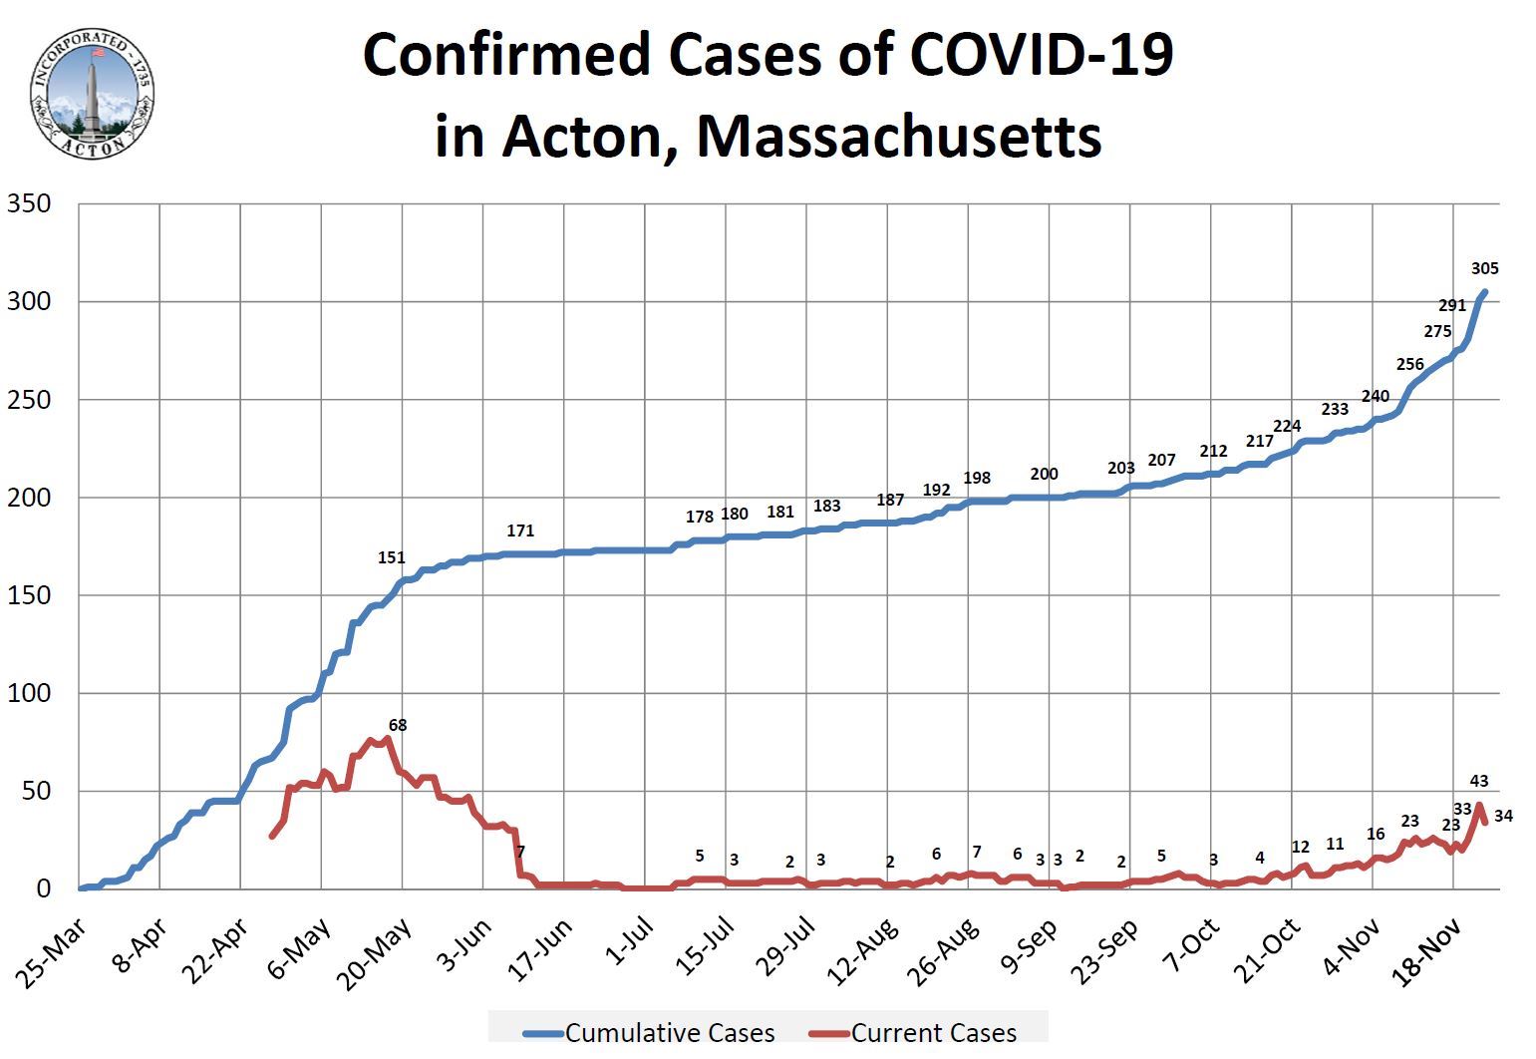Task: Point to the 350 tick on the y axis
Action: click(x=29, y=204)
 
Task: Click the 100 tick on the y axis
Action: click(x=29, y=693)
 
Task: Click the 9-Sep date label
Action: click(x=1030, y=948)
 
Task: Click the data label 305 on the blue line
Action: click(x=1484, y=268)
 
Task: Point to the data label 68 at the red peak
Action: click(x=398, y=726)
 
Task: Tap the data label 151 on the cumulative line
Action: click(x=392, y=557)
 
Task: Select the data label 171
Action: click(x=520, y=531)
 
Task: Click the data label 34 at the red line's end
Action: click(x=1504, y=816)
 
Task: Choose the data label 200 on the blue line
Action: click(x=1044, y=475)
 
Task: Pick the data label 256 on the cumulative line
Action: click(x=1410, y=364)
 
